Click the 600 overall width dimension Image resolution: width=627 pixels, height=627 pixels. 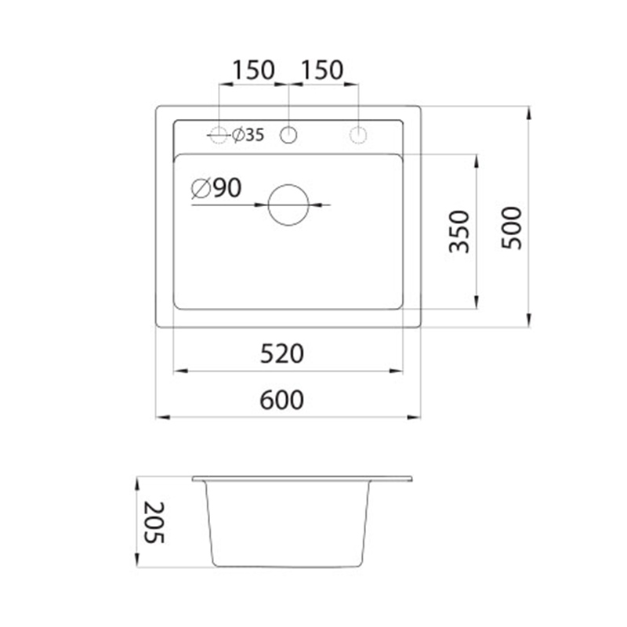(282, 400)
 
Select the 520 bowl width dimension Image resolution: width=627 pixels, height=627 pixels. (282, 354)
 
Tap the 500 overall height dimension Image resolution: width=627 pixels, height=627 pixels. (512, 228)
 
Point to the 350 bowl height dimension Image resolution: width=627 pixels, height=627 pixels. (459, 231)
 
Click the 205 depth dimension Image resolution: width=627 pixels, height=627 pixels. (154, 522)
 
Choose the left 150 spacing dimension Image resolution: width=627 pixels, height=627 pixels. (253, 70)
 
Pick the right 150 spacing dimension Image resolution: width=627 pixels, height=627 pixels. (322, 70)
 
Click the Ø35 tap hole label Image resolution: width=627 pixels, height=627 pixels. (248, 135)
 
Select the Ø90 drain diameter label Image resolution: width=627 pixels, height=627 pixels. (216, 188)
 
